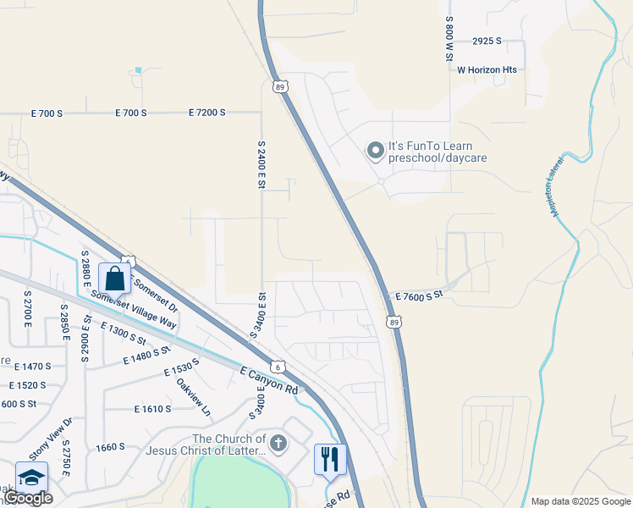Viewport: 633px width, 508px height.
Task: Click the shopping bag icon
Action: (114, 278)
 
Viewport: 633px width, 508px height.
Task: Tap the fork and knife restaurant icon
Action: (330, 459)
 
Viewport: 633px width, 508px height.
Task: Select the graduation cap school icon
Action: (31, 478)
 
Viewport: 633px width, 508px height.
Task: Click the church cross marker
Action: (278, 443)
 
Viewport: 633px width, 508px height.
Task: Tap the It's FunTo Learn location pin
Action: (375, 152)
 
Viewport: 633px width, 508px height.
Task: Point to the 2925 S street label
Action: (487, 41)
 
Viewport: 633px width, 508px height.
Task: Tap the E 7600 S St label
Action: (420, 295)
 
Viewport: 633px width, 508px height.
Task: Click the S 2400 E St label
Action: (261, 164)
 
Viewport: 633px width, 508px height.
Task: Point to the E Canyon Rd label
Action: (270, 380)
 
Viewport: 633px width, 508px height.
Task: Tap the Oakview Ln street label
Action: (194, 395)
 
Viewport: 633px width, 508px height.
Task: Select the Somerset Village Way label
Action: (134, 310)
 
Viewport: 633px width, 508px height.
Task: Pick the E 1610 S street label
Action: (152, 409)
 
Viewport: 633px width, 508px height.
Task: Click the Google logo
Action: (29, 499)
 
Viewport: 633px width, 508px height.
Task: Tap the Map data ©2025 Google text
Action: (580, 501)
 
